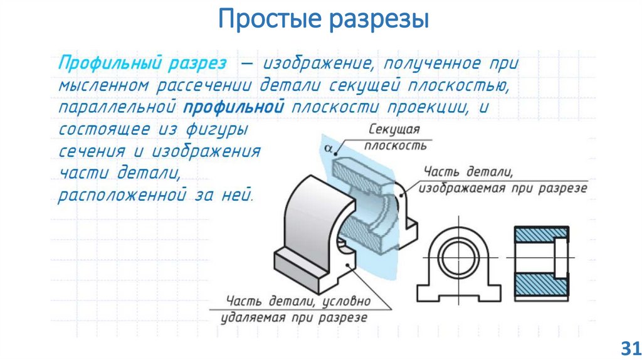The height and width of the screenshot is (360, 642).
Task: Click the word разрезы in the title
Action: coord(376,19)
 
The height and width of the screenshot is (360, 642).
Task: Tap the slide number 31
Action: coord(629,347)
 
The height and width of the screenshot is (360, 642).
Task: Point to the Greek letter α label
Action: coord(328,149)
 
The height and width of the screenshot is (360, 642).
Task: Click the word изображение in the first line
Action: coord(318,63)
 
